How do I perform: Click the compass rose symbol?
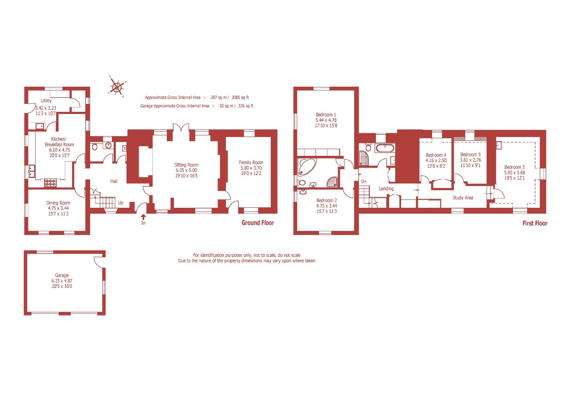[x=117, y=87]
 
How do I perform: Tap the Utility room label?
[x=46, y=101]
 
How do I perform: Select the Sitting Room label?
[x=187, y=165]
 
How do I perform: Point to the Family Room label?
[x=251, y=163]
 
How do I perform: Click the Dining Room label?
[x=58, y=203]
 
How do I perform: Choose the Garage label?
[x=62, y=276]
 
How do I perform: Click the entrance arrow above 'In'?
[x=143, y=217]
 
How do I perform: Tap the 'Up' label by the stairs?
[x=121, y=203]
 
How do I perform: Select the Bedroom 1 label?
[x=326, y=115]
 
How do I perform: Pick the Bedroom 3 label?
[x=514, y=167]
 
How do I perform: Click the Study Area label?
[x=463, y=198]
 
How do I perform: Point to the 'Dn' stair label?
[x=364, y=182]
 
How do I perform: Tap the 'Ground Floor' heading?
[x=258, y=223]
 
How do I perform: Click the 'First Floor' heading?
[x=535, y=223]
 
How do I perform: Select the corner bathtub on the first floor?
[x=306, y=166]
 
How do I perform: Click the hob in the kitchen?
[x=50, y=183]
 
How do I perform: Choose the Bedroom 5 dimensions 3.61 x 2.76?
[x=470, y=160]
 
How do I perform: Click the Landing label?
[x=386, y=189]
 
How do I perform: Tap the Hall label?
[x=114, y=181]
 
